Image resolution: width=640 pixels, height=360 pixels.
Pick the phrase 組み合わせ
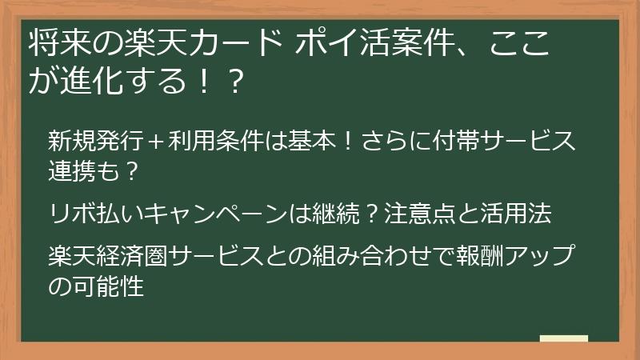[x=369, y=258]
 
